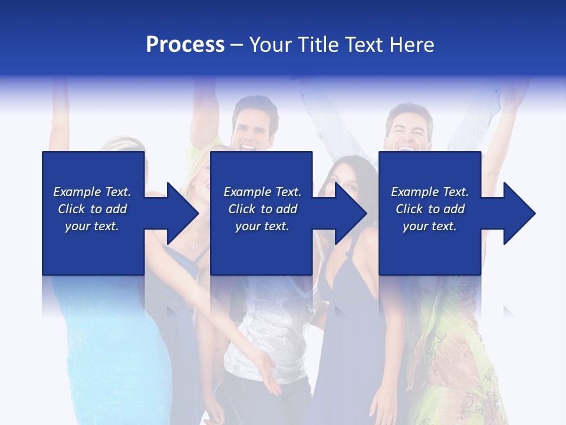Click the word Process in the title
(x=185, y=45)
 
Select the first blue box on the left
(x=93, y=213)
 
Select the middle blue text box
(x=261, y=213)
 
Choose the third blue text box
(x=430, y=213)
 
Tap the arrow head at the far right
(x=518, y=213)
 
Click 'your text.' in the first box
(x=92, y=226)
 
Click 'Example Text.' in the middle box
(x=262, y=192)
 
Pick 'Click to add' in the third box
(x=430, y=209)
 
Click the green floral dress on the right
(x=454, y=354)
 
